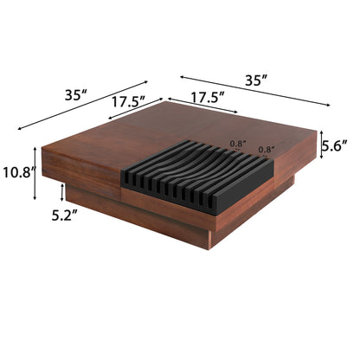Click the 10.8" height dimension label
[x=18, y=171]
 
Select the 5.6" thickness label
[x=337, y=147]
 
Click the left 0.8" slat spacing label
[x=237, y=145]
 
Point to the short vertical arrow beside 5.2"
[x=63, y=191]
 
